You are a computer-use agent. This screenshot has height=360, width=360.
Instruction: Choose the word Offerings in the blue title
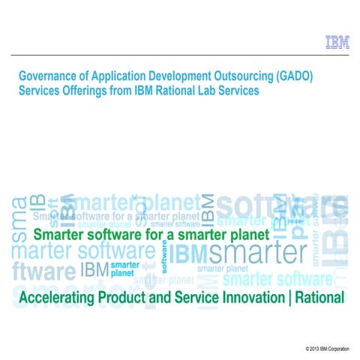(x=86, y=90)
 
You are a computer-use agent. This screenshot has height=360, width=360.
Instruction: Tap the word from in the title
(x=123, y=90)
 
